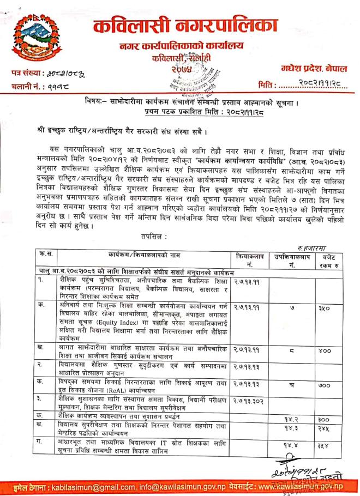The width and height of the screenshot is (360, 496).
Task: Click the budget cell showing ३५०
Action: (327, 306)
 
